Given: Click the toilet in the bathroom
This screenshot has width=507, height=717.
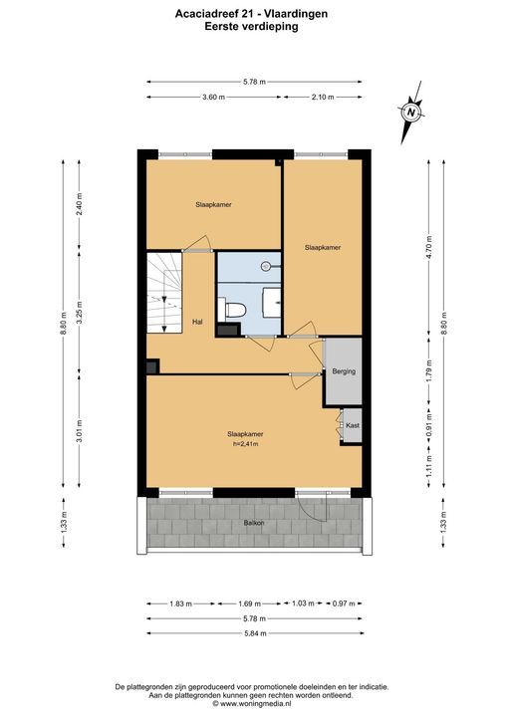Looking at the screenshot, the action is click(x=232, y=309).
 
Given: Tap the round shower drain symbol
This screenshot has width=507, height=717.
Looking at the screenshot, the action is click(x=266, y=266).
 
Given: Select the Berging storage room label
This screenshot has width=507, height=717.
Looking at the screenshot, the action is click(x=344, y=371).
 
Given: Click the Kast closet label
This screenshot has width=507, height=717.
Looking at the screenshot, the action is click(x=353, y=425).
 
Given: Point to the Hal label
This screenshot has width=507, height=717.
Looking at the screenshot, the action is click(x=197, y=322).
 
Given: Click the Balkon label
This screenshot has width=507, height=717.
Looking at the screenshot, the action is click(x=254, y=523).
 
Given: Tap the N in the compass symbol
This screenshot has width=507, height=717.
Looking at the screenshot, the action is click(x=411, y=112).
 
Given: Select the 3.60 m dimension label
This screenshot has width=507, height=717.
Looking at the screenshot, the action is click(x=214, y=97).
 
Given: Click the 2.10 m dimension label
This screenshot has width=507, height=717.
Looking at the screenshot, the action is click(x=323, y=97).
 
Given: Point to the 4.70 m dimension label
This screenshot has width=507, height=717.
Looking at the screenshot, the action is click(x=428, y=247).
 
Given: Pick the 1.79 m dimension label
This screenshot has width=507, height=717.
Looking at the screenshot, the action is click(x=428, y=371).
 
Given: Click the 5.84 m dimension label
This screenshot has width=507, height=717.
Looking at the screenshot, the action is click(x=254, y=633).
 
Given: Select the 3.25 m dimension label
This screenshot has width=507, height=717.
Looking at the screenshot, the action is click(x=79, y=313).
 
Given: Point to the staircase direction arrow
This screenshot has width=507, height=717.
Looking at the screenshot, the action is click(x=163, y=314).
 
